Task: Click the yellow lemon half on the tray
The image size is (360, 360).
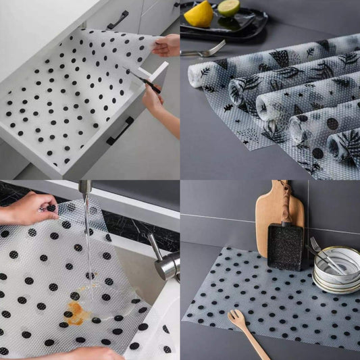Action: click(x=199, y=14)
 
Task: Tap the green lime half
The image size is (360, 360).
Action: click(x=228, y=7)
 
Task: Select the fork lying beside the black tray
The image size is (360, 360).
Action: click(x=203, y=51)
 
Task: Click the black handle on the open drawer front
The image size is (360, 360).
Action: click(x=120, y=130)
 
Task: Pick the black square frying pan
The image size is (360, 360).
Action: click(x=285, y=247)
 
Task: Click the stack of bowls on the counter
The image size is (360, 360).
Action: click(x=336, y=271)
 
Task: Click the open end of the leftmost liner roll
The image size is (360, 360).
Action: click(x=195, y=74)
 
